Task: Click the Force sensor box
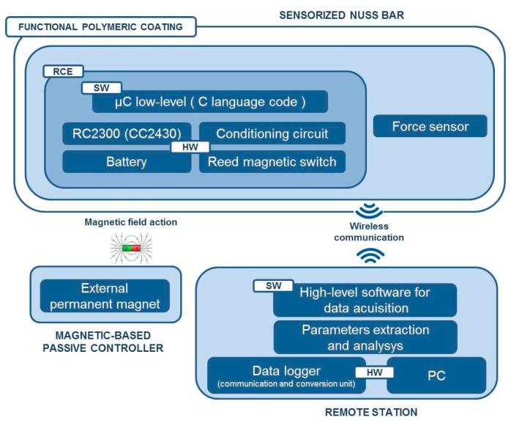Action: coord(430,126)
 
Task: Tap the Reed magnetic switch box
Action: coord(272,162)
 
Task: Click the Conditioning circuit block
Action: coord(272,133)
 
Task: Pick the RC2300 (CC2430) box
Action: coord(126,133)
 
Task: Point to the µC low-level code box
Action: coord(209,101)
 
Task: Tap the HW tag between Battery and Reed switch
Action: coord(190,147)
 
